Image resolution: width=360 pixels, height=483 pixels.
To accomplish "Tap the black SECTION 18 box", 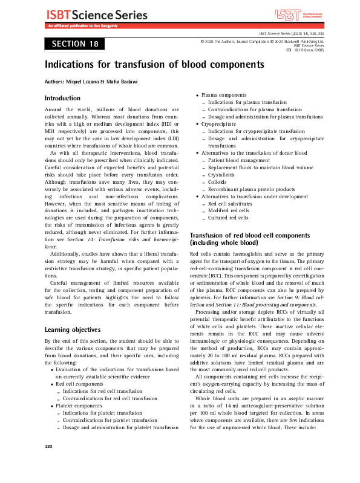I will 74,44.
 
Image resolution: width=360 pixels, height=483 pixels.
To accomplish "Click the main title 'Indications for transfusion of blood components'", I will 155,63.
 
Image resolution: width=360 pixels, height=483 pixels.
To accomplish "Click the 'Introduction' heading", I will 63,98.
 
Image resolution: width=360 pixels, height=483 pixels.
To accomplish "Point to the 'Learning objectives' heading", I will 73,329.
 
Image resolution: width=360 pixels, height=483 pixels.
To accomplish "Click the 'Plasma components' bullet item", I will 223,96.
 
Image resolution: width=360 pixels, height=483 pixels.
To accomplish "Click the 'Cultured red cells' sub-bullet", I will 228,217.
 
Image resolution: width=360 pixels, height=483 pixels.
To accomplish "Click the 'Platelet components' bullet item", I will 79,406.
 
